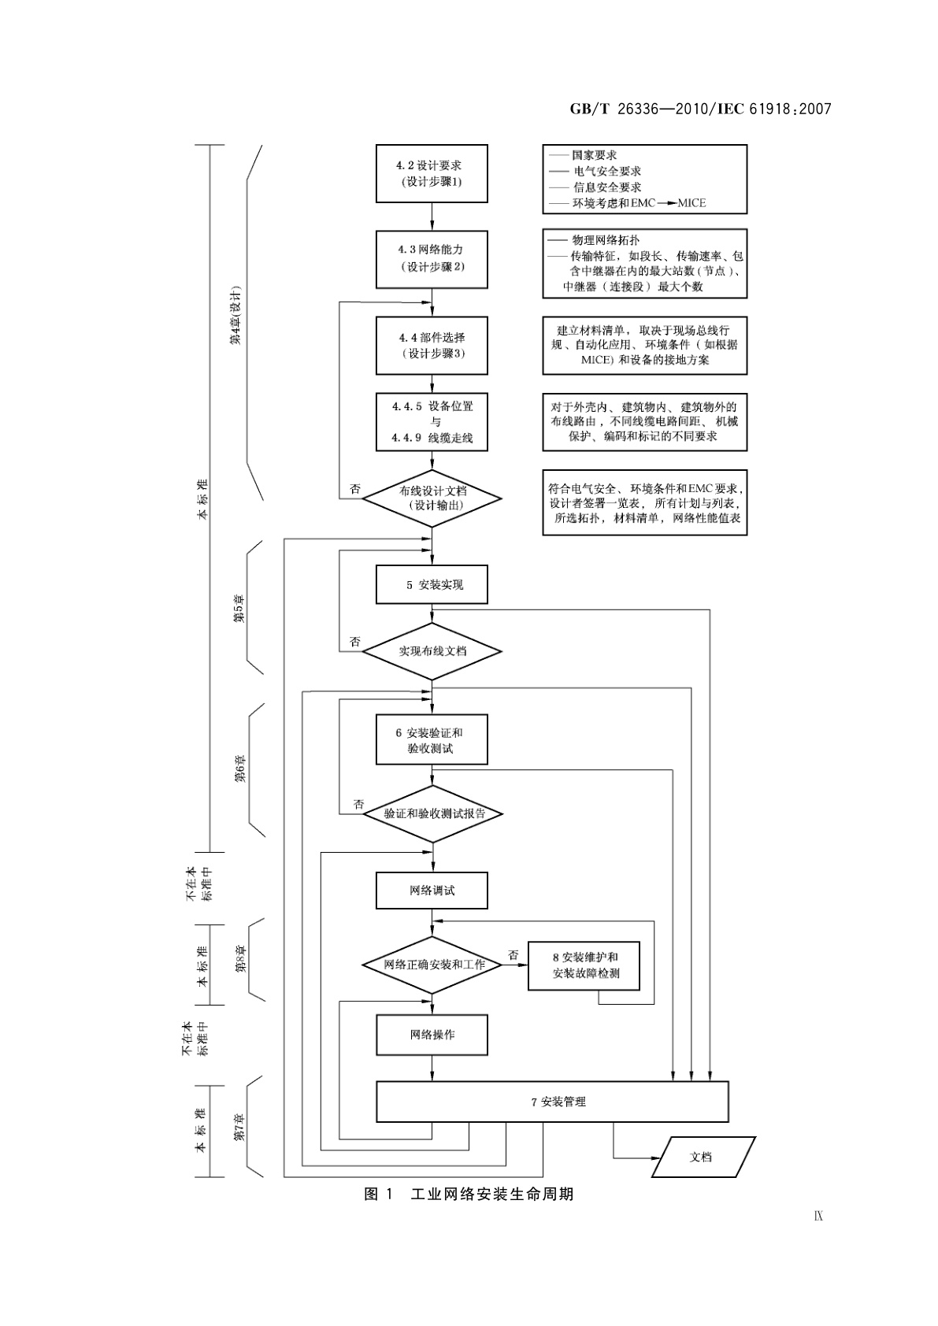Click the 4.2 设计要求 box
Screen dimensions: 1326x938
pos(432,173)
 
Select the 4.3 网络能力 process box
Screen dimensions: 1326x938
pos(432,258)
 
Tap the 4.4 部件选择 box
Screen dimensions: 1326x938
pos(432,345)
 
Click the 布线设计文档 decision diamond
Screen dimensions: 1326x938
pos(432,498)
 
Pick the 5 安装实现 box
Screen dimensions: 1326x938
pos(432,585)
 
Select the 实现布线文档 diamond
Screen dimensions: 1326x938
pos(432,651)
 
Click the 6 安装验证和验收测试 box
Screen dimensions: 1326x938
pos(432,739)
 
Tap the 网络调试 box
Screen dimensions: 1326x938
pos(432,891)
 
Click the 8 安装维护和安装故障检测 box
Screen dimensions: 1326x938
pos(584,965)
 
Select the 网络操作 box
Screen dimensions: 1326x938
pos(432,1035)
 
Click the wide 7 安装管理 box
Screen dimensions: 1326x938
pos(553,1102)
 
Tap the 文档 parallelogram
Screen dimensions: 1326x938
pos(702,1157)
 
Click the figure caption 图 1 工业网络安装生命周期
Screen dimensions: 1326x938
pos(469,1195)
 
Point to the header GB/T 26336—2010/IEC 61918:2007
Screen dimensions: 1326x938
pos(700,109)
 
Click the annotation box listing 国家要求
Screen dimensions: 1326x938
pos(644,179)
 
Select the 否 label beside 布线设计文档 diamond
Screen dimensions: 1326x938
pos(355,489)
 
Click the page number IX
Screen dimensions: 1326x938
pos(818,1216)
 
